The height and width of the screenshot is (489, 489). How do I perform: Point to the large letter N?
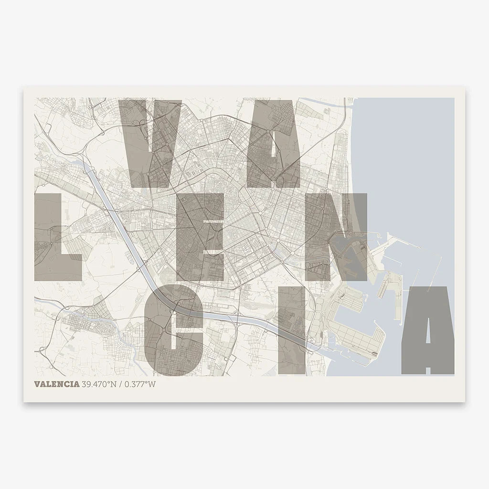tap(336, 236)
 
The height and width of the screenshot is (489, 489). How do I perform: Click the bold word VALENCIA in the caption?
tap(57, 385)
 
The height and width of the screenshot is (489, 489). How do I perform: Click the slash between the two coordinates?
tap(120, 385)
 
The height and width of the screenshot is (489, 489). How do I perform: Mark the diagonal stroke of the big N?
tap(336, 236)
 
